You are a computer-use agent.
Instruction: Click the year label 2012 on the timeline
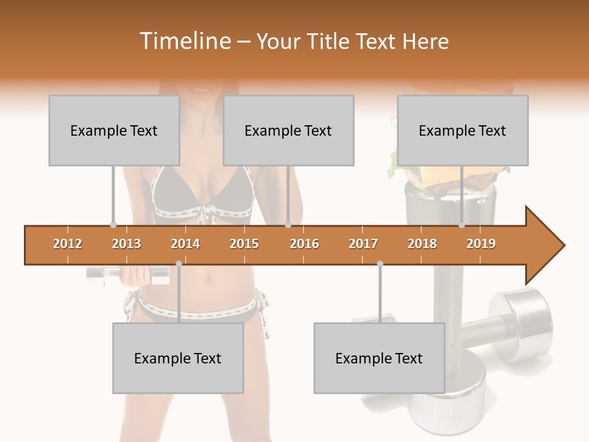(x=67, y=244)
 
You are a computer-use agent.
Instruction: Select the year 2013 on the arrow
(x=126, y=244)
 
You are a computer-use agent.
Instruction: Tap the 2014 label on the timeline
(x=185, y=244)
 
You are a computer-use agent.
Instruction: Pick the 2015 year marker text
(x=244, y=244)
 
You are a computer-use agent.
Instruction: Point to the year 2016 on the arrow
(x=304, y=244)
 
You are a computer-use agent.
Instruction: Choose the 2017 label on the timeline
(x=363, y=244)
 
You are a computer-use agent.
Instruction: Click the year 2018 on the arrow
(x=422, y=244)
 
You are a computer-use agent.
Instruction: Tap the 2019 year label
(x=481, y=244)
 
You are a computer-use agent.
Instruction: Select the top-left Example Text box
(x=114, y=130)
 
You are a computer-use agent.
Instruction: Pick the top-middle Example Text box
(x=288, y=130)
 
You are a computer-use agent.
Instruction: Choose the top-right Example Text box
(x=463, y=130)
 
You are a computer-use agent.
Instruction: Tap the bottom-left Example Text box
(x=178, y=358)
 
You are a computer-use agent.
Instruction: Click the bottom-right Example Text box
(x=379, y=358)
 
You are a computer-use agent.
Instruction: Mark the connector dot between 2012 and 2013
(x=113, y=225)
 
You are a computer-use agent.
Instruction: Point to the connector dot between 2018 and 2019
(x=461, y=225)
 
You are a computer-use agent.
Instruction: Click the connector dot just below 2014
(x=179, y=263)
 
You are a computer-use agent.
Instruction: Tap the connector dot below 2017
(x=380, y=263)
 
